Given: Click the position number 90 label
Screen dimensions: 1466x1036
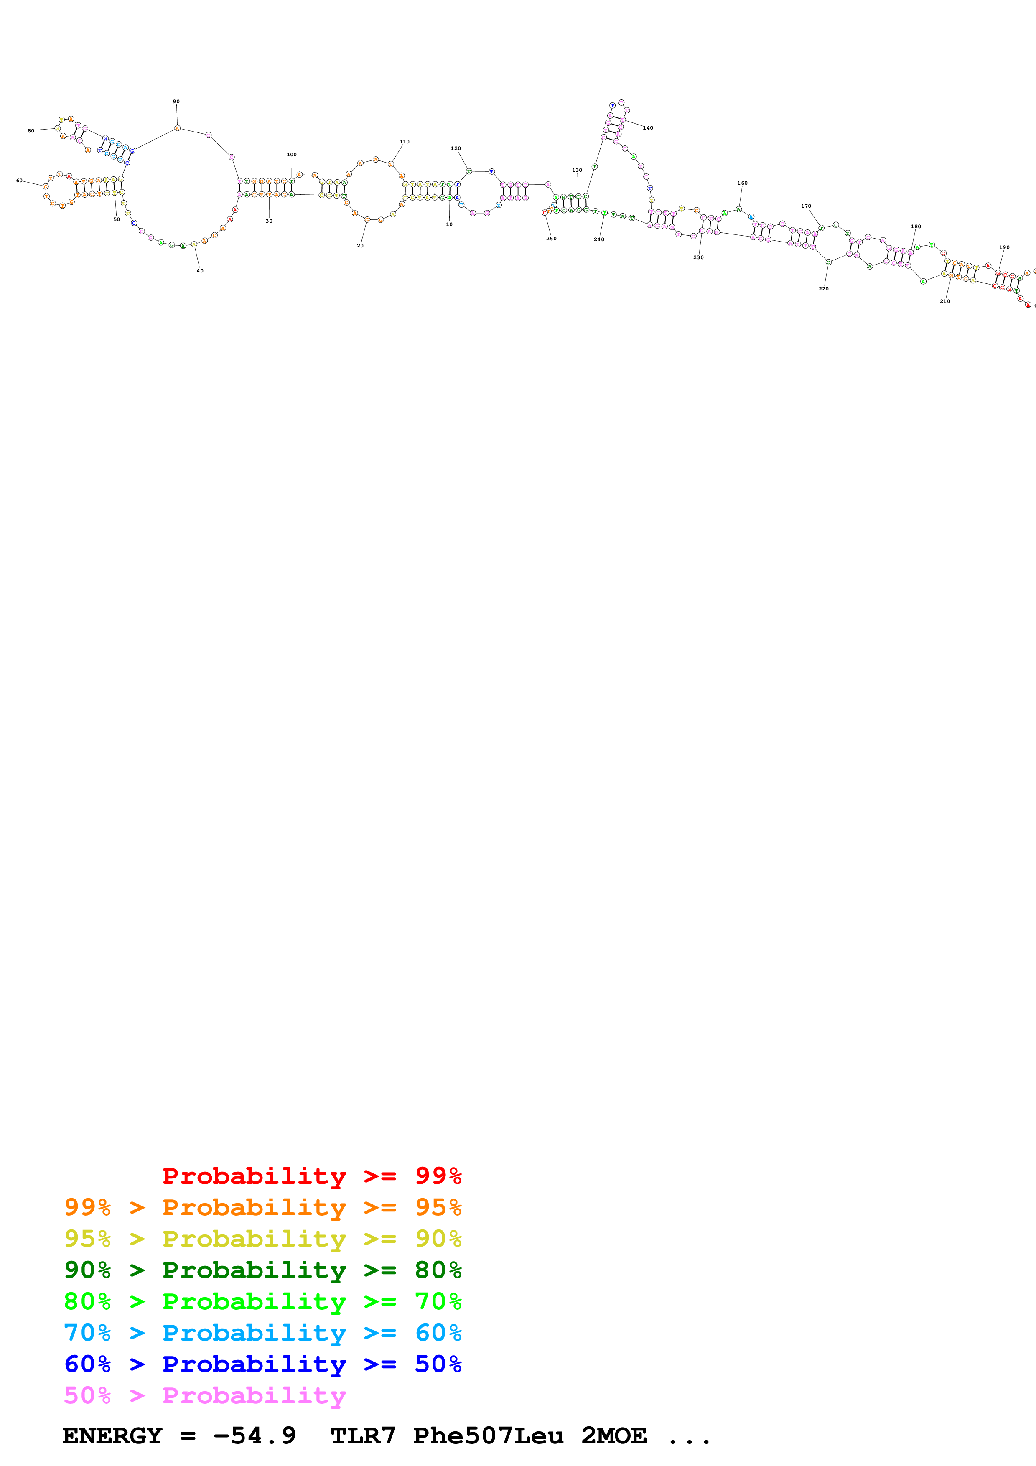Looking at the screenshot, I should click(x=176, y=102).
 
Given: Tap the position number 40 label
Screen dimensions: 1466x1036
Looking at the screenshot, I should click(x=200, y=271).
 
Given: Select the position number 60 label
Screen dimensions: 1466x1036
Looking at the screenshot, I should click(x=19, y=181).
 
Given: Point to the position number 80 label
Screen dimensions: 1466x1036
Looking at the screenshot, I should click(x=31, y=131).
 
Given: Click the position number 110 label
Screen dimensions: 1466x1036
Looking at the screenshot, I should click(x=404, y=142).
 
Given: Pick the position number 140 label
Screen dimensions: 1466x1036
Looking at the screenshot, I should click(x=648, y=128).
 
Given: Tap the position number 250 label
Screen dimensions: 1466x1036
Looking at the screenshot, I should click(x=551, y=239).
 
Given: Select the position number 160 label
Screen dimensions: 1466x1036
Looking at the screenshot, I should click(x=742, y=183).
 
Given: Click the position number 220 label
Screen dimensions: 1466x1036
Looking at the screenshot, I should click(x=823, y=289).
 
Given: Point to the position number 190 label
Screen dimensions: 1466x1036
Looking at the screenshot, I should click(x=1004, y=247).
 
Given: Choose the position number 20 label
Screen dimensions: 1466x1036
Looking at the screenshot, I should click(x=360, y=246).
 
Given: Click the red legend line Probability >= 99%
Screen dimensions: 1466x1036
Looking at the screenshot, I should click(x=311, y=1176).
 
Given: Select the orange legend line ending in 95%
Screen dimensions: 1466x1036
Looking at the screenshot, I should click(x=262, y=1207).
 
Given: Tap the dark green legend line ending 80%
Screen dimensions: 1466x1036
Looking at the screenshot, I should click(x=262, y=1270).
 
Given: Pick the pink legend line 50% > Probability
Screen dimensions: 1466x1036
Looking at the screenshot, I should click(x=205, y=1396).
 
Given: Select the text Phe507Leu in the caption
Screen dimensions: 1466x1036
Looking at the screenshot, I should click(x=488, y=1436).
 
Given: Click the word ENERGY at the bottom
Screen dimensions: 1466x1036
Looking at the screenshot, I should click(x=112, y=1436).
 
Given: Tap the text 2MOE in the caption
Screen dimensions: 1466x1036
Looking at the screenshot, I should click(x=613, y=1436).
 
